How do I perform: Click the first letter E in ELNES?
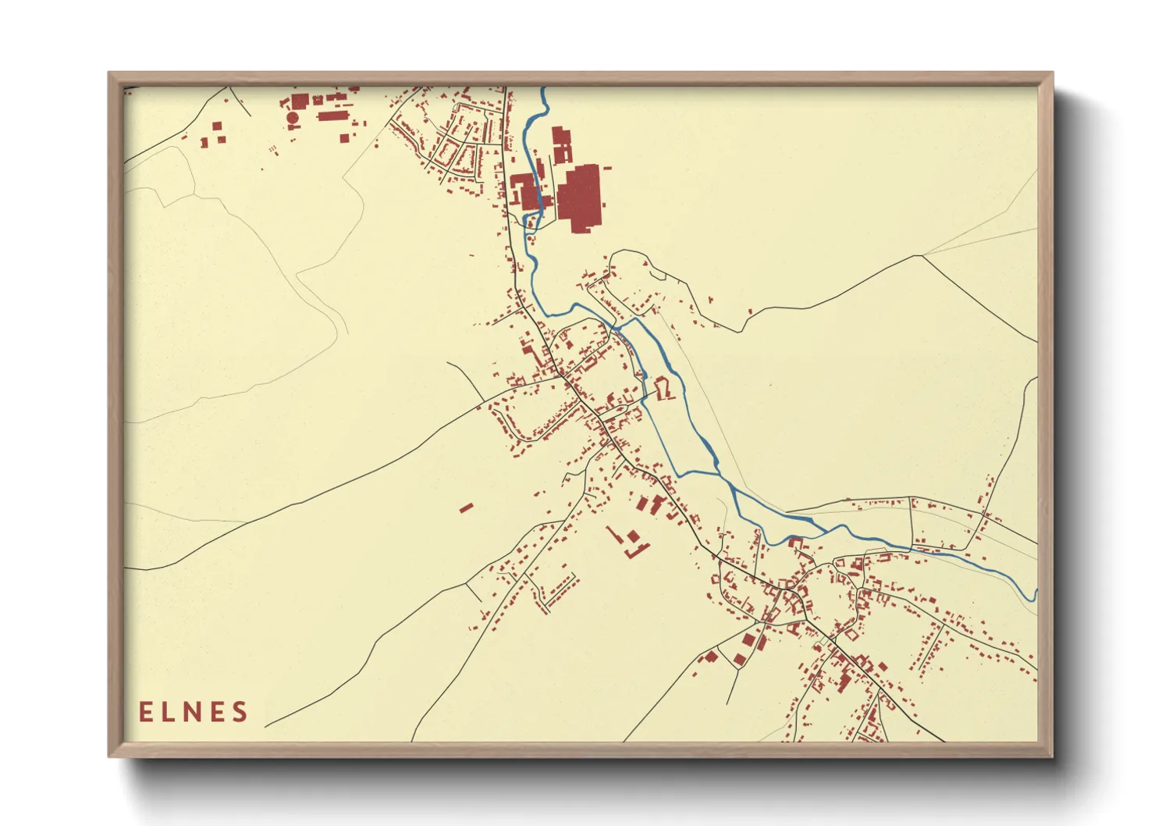pyautogui.click(x=146, y=712)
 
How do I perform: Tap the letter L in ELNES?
pyautogui.click(x=169, y=712)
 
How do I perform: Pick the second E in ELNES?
pyautogui.click(x=216, y=712)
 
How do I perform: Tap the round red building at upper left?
pyautogui.click(x=293, y=118)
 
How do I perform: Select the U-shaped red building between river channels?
pyautogui.click(x=664, y=389)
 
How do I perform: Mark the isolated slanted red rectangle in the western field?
pyautogui.click(x=466, y=507)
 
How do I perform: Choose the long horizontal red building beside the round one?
pyautogui.click(x=332, y=116)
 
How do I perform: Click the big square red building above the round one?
pyautogui.click(x=300, y=101)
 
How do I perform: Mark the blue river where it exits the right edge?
pyautogui.click(x=1035, y=595)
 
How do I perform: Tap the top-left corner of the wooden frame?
pyautogui.click(x=109, y=73)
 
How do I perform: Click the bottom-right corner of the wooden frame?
pyautogui.click(x=1052, y=756)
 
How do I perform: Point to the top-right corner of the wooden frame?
pyautogui.click(x=1052, y=73)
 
